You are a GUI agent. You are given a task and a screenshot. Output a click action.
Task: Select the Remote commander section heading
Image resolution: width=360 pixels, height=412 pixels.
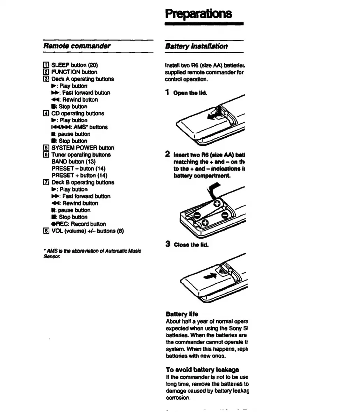coord(77,46)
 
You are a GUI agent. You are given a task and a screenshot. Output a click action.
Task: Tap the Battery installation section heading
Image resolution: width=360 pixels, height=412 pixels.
coord(196,46)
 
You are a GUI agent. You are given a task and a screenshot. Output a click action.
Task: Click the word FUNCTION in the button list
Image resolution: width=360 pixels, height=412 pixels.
coord(66,72)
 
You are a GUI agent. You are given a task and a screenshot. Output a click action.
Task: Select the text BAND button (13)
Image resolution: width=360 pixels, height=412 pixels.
coord(73,161)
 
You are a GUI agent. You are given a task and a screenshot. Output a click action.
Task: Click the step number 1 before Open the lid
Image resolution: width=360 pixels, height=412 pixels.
coord(168,92)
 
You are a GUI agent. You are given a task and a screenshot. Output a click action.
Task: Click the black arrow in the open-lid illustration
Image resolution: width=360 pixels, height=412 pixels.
coord(214,116)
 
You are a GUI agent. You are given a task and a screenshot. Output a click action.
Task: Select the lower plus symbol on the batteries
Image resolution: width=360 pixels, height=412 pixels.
coord(205,223)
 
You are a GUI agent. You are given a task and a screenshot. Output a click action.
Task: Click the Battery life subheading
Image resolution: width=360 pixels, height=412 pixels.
coord(182,314)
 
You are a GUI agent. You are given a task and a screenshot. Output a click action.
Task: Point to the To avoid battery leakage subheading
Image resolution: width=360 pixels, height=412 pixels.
coord(202,369)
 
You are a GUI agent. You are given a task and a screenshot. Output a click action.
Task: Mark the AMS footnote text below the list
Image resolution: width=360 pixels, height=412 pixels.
coord(92,253)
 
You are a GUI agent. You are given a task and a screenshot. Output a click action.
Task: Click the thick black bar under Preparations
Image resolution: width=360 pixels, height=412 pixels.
coord(204,24)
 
